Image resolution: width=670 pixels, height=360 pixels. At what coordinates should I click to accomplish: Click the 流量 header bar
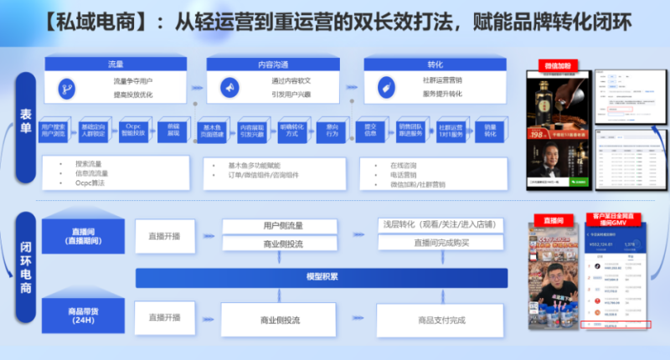point(116,64)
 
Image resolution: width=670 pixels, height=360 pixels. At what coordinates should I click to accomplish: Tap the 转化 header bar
point(435,64)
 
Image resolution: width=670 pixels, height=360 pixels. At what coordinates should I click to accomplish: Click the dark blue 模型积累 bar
point(322,278)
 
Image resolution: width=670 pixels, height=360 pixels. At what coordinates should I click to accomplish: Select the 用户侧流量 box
point(281,226)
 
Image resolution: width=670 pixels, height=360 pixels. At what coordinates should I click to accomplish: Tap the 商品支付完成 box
point(441,320)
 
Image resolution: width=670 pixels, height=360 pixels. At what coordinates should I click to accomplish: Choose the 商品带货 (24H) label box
point(82,315)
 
